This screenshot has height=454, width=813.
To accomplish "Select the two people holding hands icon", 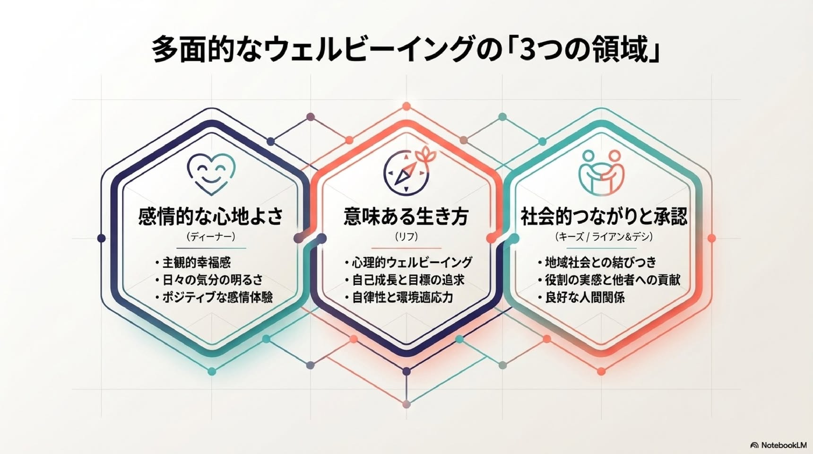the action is point(601,172).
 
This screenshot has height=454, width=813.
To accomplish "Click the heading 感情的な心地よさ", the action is point(211,217).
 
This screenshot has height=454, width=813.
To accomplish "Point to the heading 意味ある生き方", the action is point(406,217).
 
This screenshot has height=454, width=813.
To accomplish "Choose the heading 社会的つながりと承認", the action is point(604,217).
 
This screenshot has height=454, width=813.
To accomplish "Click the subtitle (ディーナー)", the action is point(211,236).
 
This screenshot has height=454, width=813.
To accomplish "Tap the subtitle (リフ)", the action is point(406,236).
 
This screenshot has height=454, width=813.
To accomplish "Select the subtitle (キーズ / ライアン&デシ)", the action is point(604,236).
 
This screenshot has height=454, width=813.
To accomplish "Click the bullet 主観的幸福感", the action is point(193,262).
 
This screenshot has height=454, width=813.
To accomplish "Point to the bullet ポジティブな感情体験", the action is point(214,297).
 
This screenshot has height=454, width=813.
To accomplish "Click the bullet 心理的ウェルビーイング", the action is point(408,262).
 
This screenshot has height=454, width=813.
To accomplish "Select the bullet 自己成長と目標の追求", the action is point(405,280).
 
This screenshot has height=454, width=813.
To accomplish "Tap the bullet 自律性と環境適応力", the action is point(399,297).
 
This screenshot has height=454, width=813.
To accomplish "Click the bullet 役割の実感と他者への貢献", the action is point(609,280).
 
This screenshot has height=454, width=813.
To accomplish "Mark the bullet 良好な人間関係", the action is point(581,297).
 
